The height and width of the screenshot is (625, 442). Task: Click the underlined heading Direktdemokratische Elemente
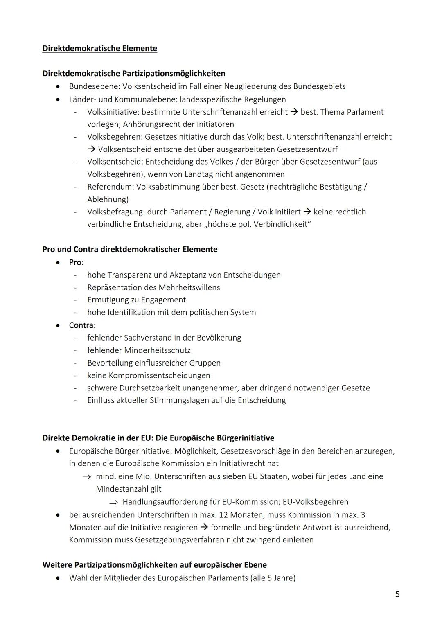pyautogui.click(x=99, y=48)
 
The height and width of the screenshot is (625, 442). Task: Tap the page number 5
pyautogui.click(x=397, y=594)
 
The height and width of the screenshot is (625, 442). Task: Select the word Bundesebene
pyautogui.click(x=94, y=86)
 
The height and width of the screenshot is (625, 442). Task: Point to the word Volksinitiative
pyautogui.click(x=113, y=112)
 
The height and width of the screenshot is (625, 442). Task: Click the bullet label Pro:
pyautogui.click(x=76, y=262)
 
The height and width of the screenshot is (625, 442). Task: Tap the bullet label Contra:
pyautogui.click(x=82, y=325)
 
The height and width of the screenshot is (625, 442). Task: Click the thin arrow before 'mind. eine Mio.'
pyautogui.click(x=86, y=477)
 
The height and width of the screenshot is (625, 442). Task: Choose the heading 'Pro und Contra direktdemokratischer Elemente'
pyautogui.click(x=130, y=249)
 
